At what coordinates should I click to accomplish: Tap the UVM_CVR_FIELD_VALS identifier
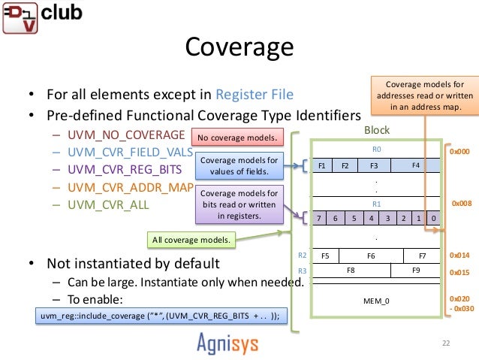coord(130,152)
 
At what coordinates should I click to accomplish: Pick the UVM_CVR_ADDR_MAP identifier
coord(129,186)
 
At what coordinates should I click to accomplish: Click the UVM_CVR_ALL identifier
coord(107,204)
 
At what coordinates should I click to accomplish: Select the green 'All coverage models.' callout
coord(191,240)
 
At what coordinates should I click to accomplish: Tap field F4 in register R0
coord(414,164)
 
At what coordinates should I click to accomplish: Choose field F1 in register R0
coord(322,165)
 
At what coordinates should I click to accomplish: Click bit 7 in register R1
coord(318,218)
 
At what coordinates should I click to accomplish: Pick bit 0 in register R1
coord(433,218)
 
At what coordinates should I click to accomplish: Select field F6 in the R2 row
coord(370,256)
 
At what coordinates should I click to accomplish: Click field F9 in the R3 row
coord(417,268)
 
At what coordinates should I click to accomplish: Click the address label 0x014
coord(459,256)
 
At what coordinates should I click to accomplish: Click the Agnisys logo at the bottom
coord(238,342)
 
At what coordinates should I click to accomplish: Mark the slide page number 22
coord(446,343)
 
